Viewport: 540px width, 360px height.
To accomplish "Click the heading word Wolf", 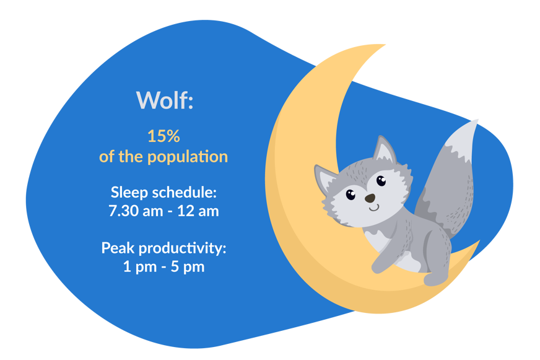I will pyautogui.click(x=164, y=100).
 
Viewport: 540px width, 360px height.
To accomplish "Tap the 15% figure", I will pyautogui.click(x=163, y=136).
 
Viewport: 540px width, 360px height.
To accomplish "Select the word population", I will pyautogui.click(x=187, y=157).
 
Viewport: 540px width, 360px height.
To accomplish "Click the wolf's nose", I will pyautogui.click(x=370, y=198).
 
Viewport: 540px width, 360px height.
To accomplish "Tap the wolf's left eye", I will pyautogui.click(x=351, y=195).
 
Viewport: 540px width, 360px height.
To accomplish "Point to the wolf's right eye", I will pyautogui.click(x=380, y=181).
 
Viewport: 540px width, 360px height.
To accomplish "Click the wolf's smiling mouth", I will pyautogui.click(x=372, y=208).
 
